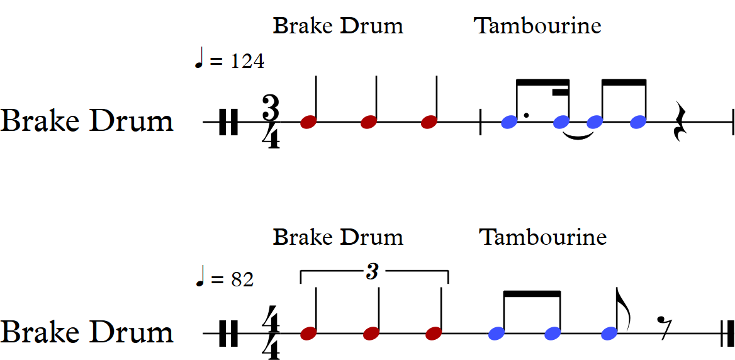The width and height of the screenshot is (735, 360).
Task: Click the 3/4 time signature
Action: point(271,122)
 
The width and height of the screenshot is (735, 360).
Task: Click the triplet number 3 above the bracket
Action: point(373,272)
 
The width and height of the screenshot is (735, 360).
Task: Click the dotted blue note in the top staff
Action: point(510,122)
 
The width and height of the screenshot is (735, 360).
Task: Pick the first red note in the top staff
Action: point(308,122)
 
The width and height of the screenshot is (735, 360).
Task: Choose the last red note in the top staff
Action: point(429,122)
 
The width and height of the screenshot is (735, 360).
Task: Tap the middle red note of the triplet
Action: point(371,334)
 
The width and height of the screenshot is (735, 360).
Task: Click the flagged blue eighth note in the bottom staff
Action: point(609,333)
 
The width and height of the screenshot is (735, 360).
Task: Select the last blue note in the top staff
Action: point(639,122)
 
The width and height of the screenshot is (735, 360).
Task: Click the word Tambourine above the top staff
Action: point(537,26)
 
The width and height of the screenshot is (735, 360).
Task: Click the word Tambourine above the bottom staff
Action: point(542,237)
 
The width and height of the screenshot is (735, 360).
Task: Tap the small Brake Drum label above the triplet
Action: point(338,237)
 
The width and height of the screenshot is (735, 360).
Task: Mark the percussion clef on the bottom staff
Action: point(228,333)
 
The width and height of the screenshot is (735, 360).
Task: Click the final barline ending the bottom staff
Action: point(727,333)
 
